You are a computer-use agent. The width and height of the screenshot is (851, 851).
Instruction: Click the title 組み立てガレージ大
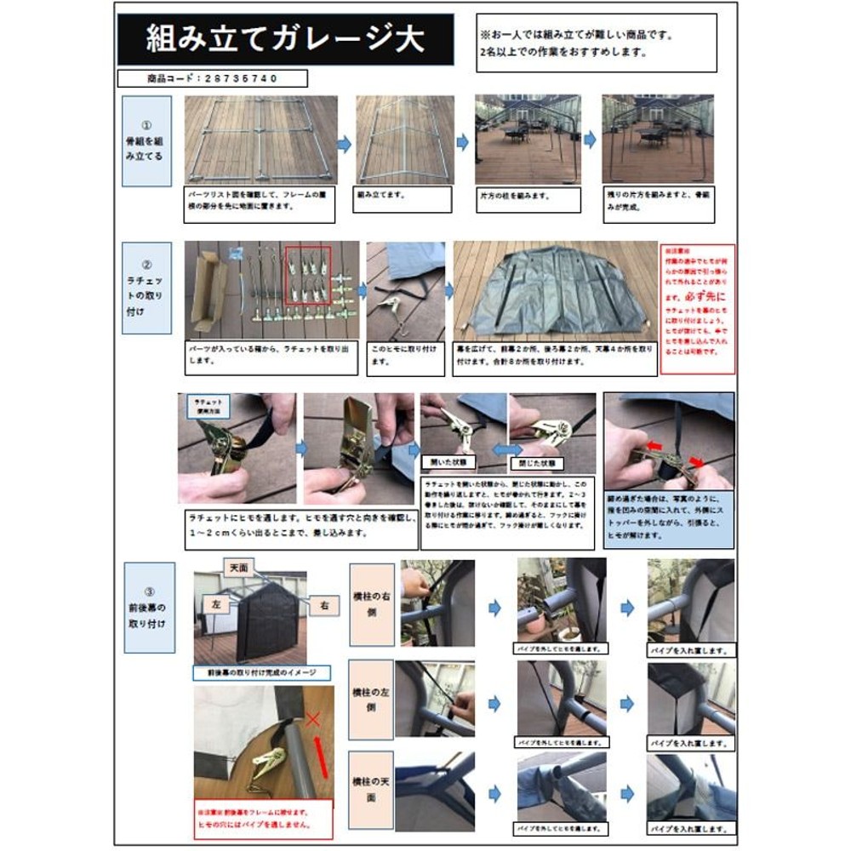pyautogui.click(x=284, y=39)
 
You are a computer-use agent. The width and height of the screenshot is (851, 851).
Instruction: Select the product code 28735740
pyautogui.click(x=212, y=78)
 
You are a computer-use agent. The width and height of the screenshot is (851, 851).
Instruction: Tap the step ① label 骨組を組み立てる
pyautogui.click(x=146, y=140)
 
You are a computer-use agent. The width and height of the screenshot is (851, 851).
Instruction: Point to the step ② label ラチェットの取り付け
pyautogui.click(x=146, y=290)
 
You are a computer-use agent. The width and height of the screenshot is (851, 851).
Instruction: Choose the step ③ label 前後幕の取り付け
pyautogui.click(x=149, y=607)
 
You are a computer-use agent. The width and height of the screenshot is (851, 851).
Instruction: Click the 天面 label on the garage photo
pyautogui.click(x=238, y=566)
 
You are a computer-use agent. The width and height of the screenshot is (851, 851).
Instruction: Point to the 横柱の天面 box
pyautogui.click(x=371, y=791)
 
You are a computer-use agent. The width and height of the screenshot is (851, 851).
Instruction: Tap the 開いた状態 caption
pyautogui.click(x=448, y=462)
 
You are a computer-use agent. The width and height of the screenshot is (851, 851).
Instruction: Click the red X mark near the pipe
pyautogui.click(x=312, y=720)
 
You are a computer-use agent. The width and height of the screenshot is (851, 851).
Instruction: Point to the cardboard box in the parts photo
pyautogui.click(x=208, y=289)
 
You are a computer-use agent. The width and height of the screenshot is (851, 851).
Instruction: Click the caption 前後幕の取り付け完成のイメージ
pyautogui.click(x=261, y=672)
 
